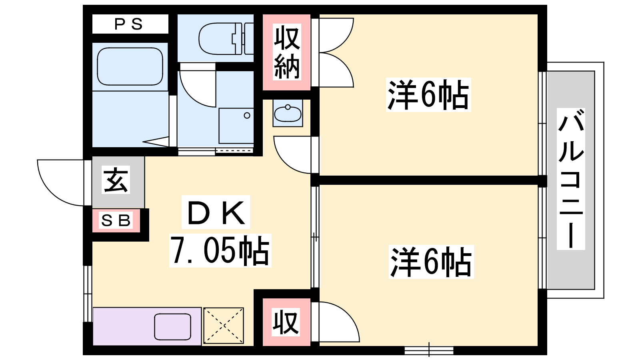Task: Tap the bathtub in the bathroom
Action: pyautogui.click(x=130, y=66)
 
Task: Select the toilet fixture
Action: pyautogui.click(x=226, y=38)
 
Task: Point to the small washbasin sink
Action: pyautogui.click(x=288, y=113)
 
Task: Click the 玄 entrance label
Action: pyautogui.click(x=116, y=180)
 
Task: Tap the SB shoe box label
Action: pyautogui.click(x=116, y=220)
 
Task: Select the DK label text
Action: pyautogui.click(x=216, y=212)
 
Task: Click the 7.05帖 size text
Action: pyautogui.click(x=220, y=250)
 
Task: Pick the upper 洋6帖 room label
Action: pyautogui.click(x=428, y=94)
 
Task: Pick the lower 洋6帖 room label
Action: pyautogui.click(x=431, y=262)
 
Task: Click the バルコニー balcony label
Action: pyautogui.click(x=571, y=179)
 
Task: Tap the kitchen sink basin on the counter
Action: pyautogui.click(x=172, y=326)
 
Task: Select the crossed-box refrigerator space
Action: pyautogui.click(x=224, y=326)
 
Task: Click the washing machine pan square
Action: pyautogui.click(x=236, y=126)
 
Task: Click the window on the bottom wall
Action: pyautogui.click(x=429, y=350)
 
